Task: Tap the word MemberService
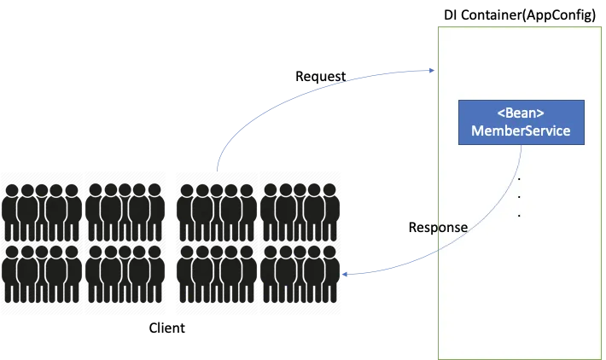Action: [521, 131]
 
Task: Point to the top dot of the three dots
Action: [520, 179]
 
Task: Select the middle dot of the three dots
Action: [520, 197]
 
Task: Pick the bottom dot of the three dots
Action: [520, 215]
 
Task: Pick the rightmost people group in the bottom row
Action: [299, 273]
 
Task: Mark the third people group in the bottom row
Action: [213, 273]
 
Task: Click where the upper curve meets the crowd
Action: [217, 170]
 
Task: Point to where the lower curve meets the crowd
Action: [342, 276]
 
